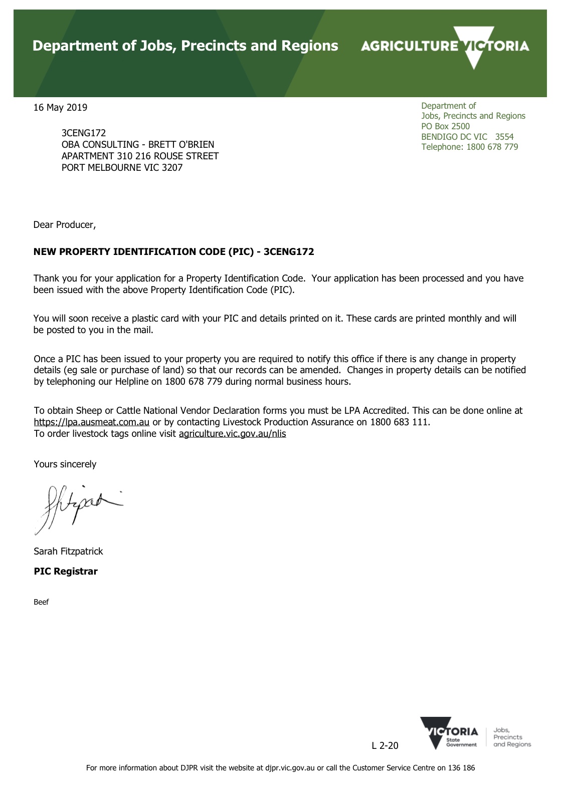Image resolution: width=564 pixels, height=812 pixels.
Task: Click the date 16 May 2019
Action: (60, 107)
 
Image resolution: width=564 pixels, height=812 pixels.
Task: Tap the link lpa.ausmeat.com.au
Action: (91, 422)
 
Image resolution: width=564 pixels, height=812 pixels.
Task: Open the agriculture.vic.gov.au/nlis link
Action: (232, 433)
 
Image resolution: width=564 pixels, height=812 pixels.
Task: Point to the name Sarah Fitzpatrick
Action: (68, 551)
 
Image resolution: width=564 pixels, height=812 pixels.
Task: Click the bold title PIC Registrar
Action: (66, 571)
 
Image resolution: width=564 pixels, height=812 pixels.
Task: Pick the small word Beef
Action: (41, 602)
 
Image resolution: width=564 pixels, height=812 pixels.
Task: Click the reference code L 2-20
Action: (385, 745)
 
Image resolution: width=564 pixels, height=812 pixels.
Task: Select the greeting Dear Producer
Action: (64, 224)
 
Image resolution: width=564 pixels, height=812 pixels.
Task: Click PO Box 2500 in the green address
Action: (445, 126)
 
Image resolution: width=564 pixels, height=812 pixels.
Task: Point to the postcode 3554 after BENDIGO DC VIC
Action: (504, 137)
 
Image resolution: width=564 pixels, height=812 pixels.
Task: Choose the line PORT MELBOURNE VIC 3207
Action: (122, 167)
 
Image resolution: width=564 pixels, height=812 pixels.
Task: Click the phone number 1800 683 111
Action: (400, 422)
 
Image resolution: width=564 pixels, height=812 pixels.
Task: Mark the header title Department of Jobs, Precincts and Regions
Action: (185, 46)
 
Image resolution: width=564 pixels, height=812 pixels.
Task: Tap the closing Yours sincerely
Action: (65, 464)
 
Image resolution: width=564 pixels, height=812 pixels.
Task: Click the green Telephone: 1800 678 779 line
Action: (469, 147)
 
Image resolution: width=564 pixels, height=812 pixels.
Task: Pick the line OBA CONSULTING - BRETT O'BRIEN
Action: (137, 144)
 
